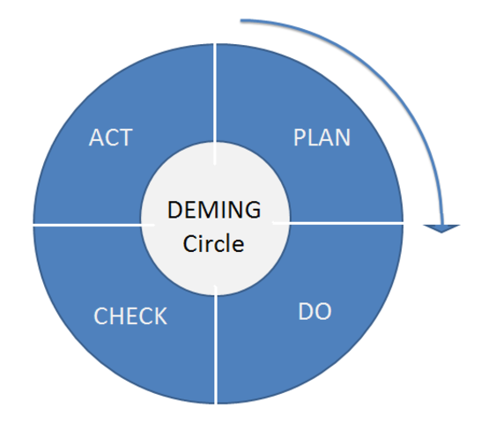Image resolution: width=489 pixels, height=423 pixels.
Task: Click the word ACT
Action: (x=110, y=138)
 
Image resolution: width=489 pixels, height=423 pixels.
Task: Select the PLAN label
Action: (x=322, y=138)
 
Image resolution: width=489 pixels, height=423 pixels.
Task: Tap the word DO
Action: (x=315, y=312)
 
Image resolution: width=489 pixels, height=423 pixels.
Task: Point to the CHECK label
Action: (x=130, y=316)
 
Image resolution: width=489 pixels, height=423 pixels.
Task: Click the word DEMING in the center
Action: (x=214, y=211)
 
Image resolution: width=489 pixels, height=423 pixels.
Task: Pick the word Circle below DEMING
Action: (x=214, y=243)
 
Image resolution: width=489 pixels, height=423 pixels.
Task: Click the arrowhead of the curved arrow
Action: (x=441, y=227)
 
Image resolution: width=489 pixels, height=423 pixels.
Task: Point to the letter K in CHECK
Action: (x=160, y=316)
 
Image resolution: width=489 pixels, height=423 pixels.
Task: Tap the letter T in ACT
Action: (x=125, y=138)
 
